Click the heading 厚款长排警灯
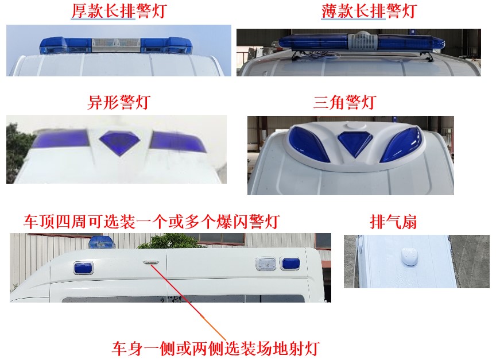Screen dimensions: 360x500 tap(118, 11)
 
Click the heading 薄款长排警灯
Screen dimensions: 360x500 tap(368, 11)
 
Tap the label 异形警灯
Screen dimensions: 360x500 tap(118, 102)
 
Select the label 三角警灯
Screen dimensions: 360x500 tap(344, 102)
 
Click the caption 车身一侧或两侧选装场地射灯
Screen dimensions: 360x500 tap(215, 348)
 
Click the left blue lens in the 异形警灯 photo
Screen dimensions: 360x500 tap(61, 138)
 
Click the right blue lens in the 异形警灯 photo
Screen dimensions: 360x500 tap(177, 141)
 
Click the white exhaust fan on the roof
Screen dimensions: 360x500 tap(409, 257)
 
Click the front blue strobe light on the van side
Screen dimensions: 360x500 tap(83, 268)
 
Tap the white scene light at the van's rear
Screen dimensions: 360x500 tap(265, 264)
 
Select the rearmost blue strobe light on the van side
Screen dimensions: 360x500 tap(286, 264)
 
